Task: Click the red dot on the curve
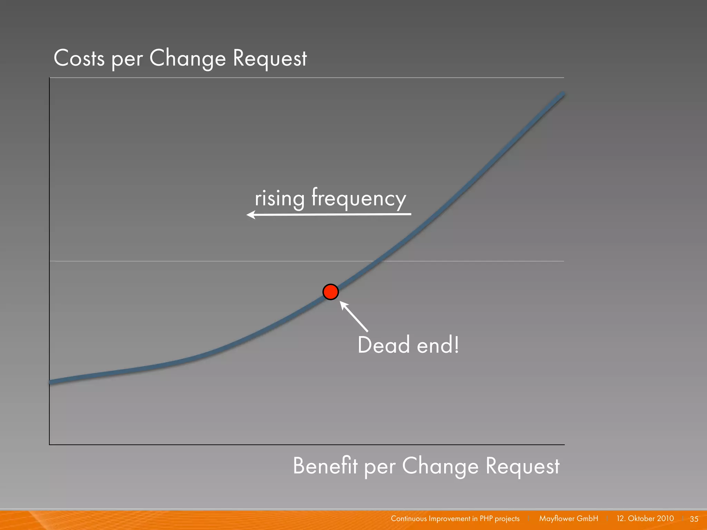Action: point(330,292)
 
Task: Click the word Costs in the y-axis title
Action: point(79,58)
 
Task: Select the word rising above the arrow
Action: point(279,199)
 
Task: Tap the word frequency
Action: point(359,198)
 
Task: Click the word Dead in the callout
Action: point(384,345)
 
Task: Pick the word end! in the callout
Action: point(438,345)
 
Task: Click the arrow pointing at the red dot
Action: point(354,316)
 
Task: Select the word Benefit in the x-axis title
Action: point(325,466)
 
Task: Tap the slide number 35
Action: point(694,519)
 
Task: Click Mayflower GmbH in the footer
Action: point(569,519)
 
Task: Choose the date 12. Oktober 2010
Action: point(645,519)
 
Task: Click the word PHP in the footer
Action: point(486,519)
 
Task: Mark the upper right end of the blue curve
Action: point(563,95)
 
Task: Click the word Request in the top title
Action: point(270,58)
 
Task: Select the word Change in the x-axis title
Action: point(440,466)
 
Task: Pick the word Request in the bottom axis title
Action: point(522,466)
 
